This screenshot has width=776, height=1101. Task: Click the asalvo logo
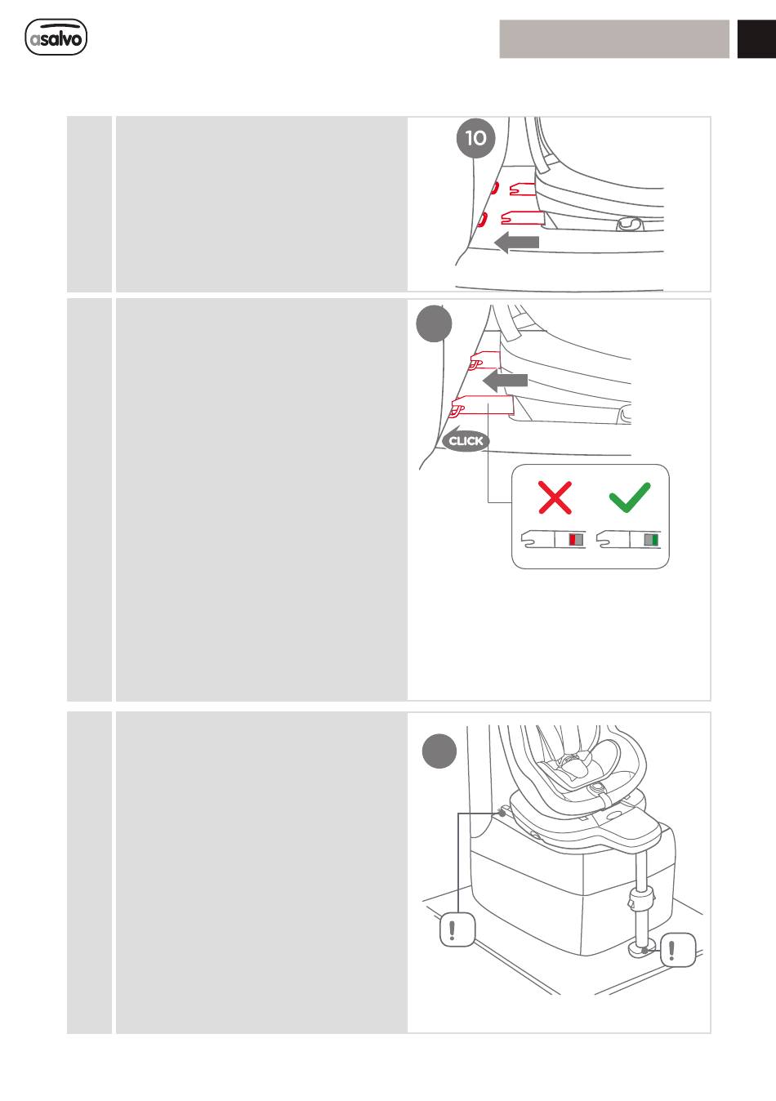(x=56, y=38)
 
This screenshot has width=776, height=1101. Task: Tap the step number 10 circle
(x=475, y=138)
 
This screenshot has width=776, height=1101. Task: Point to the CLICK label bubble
(x=466, y=441)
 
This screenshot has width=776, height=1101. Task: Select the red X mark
(x=555, y=497)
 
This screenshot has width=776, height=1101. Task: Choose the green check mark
(x=630, y=497)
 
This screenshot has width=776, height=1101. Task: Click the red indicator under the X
(x=573, y=539)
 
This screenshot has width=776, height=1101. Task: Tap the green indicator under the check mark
(x=654, y=540)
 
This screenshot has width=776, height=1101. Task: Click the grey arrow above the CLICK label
(x=505, y=381)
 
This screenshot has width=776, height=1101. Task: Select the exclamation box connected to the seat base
(x=457, y=929)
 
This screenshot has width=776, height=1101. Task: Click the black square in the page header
(x=756, y=39)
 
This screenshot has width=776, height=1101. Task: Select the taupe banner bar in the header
(x=614, y=39)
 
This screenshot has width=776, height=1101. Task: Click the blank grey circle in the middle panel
(x=434, y=324)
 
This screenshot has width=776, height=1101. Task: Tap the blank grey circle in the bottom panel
(x=439, y=751)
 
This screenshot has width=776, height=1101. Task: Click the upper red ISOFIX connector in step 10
(x=523, y=189)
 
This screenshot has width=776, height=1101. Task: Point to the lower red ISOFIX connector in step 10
(x=523, y=217)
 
